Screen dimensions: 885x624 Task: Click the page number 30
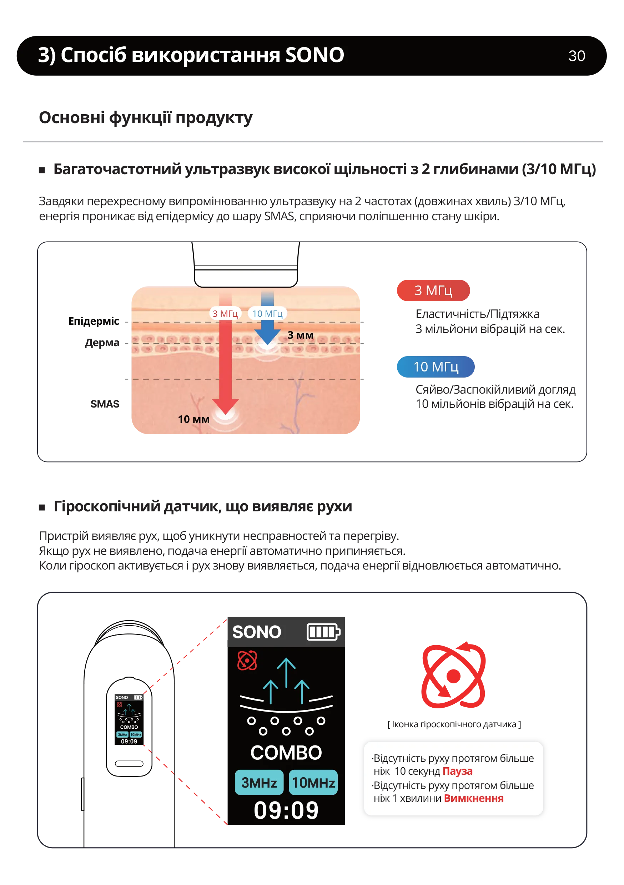click(576, 56)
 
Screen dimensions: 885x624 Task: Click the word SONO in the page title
click(314, 55)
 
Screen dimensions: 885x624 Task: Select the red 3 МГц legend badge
click(433, 290)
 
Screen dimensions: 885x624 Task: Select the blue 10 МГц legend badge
click(436, 366)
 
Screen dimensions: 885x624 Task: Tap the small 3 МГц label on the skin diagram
click(225, 313)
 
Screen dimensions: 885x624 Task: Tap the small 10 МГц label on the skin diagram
click(267, 313)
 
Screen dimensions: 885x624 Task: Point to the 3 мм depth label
click(301, 335)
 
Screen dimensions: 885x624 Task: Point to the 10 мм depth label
click(193, 419)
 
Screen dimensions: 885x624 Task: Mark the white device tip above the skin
click(246, 278)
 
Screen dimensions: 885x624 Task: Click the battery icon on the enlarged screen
click(323, 632)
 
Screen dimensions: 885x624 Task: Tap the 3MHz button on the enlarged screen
click(259, 783)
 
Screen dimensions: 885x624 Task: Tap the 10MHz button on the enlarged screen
click(313, 783)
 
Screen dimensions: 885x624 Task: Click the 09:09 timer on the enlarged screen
click(286, 810)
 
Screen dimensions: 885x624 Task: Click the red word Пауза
click(457, 771)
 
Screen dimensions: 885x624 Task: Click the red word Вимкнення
click(473, 798)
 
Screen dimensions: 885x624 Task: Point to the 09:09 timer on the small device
click(129, 741)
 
